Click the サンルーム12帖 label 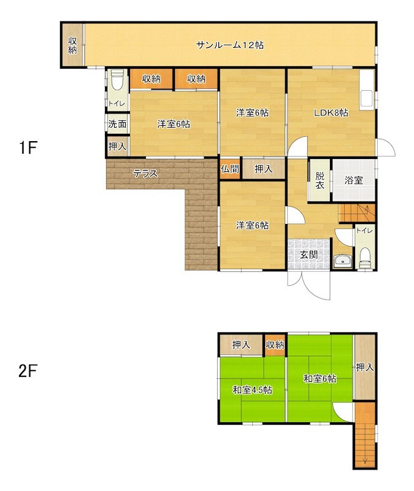229,45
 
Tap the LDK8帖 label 331,113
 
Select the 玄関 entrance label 309,255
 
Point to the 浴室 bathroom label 354,180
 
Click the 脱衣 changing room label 320,180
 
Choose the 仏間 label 229,169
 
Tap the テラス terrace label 145,173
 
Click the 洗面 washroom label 117,124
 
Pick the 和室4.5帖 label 252,390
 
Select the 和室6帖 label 320,379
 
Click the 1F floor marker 28,147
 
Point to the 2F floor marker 28,371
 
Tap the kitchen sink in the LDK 366,98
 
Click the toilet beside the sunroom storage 117,80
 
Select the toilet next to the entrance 365,258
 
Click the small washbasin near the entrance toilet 343,261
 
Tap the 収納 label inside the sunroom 72,45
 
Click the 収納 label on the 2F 275,345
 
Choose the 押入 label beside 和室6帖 365,367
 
